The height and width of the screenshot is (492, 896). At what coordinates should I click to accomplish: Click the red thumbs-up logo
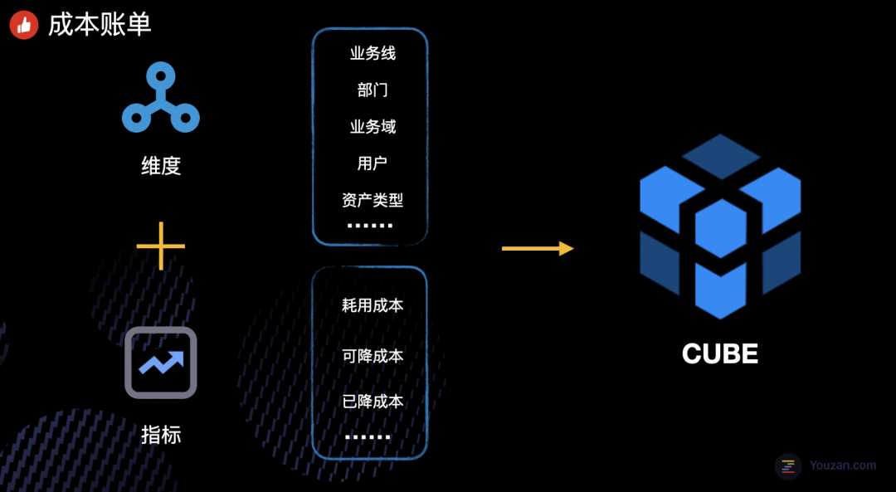click(24, 25)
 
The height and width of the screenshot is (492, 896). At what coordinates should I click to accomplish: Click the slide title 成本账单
click(100, 24)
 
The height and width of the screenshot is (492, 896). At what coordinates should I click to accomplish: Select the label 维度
click(160, 166)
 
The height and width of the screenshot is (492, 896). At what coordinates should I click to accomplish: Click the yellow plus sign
click(160, 246)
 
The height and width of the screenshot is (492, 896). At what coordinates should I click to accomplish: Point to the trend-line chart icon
click(160, 363)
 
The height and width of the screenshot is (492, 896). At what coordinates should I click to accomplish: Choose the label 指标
click(160, 434)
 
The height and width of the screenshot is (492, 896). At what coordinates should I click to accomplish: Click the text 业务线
click(373, 54)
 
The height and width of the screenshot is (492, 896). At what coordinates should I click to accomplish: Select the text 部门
click(373, 90)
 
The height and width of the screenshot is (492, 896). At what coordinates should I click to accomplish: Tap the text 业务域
click(373, 127)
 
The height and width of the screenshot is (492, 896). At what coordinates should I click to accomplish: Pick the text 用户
click(373, 163)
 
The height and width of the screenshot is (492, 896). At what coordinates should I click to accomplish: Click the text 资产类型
click(373, 200)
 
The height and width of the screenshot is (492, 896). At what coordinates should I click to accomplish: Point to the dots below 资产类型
click(369, 225)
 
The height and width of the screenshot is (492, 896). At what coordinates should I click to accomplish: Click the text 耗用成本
click(373, 305)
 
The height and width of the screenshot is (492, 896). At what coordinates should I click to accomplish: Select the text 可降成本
click(373, 356)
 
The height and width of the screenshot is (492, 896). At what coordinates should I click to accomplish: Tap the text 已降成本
click(373, 402)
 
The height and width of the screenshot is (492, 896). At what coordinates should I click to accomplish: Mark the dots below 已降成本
click(368, 436)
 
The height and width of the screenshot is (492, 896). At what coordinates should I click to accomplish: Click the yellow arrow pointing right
click(538, 248)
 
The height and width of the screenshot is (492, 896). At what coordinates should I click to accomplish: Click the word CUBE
click(720, 354)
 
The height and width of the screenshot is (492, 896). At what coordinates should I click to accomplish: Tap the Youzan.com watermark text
click(843, 465)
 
